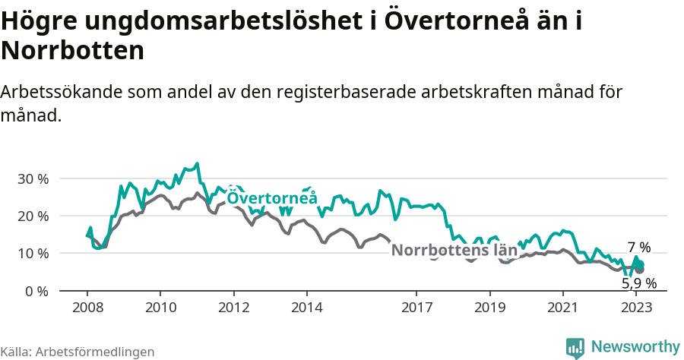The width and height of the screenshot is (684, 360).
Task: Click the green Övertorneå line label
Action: tap(272, 198)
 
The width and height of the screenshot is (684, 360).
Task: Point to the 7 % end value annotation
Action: tap(639, 248)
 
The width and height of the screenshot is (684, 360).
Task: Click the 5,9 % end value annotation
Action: tap(639, 283)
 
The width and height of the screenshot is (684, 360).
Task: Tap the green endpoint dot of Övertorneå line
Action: tap(640, 264)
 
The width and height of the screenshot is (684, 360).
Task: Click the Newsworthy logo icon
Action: tap(575, 348)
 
